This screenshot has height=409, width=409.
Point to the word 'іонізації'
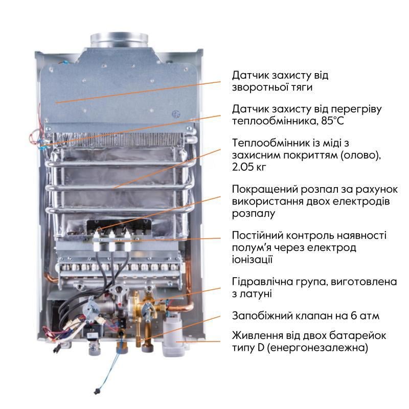tap(252, 260)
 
